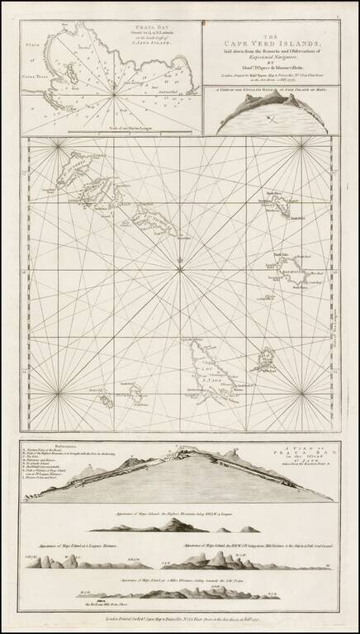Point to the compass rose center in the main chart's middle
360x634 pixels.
(179, 264)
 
